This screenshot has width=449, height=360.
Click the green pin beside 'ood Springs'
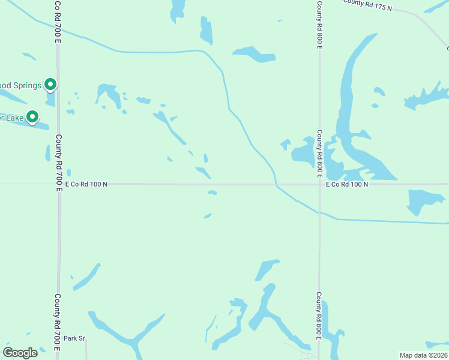[x=50, y=85]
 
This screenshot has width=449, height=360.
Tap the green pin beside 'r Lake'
[x=32, y=117]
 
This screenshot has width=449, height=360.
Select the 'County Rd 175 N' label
[x=367, y=5]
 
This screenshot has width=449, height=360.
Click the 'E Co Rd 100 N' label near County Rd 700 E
[x=86, y=184]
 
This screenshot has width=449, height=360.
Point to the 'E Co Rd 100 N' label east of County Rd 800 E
[x=347, y=184]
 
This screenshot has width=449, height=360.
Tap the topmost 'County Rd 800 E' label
[x=319, y=24]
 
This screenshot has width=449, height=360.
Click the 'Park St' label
[x=75, y=338]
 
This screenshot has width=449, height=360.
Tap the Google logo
[x=20, y=352]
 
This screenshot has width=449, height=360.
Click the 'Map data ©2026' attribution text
[x=423, y=355]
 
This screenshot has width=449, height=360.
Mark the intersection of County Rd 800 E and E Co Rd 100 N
[x=319, y=184]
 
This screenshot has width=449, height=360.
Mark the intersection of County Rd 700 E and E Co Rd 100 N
[x=59, y=184]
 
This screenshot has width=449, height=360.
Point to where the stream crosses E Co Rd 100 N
[x=276, y=184]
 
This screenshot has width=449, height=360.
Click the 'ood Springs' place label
[x=20, y=85]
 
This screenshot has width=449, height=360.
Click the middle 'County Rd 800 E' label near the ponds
[x=319, y=154]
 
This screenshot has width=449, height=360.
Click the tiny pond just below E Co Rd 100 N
[x=212, y=193]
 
